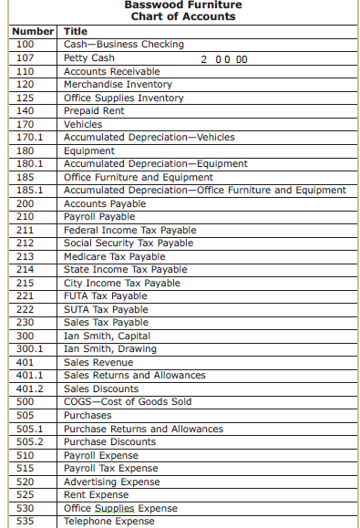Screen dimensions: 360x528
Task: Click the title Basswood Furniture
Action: tap(183, 5)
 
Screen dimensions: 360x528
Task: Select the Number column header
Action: tap(33, 32)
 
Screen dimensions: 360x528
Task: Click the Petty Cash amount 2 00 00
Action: tap(224, 59)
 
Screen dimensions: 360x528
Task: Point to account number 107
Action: tap(26, 58)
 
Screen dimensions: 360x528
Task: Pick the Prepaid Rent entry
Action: tap(95, 111)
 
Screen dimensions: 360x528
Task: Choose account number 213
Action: tap(26, 257)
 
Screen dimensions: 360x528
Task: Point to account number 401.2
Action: tap(30, 389)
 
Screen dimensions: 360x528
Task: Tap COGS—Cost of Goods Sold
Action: tap(128, 402)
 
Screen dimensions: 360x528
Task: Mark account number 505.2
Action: tap(30, 442)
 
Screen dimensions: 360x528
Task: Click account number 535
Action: tap(26, 522)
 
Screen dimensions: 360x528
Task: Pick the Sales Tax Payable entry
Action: tap(106, 323)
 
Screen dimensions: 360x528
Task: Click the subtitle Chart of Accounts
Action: tap(183, 17)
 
